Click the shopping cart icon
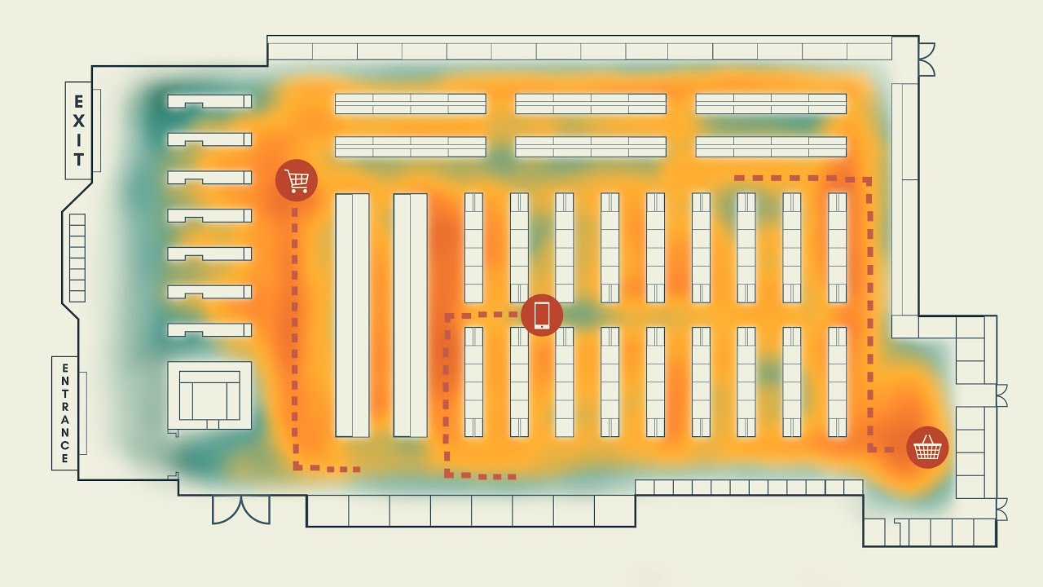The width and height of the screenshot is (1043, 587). [297, 180]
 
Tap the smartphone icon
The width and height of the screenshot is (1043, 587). [542, 315]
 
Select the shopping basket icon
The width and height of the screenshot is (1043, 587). [927, 448]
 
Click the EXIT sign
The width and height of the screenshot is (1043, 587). [79, 130]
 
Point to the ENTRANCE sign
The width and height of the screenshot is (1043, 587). [65, 413]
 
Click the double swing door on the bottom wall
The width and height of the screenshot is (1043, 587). [241, 510]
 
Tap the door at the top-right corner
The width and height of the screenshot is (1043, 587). [926, 60]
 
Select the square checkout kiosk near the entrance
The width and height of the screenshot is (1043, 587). [209, 395]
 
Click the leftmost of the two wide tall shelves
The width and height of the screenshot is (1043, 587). [352, 315]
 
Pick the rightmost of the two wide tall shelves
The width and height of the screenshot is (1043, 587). [411, 315]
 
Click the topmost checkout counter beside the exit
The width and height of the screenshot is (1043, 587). [209, 101]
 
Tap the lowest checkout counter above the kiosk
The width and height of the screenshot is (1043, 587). [209, 330]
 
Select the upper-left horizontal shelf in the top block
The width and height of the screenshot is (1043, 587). [411, 104]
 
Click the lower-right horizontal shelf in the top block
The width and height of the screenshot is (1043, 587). [771, 147]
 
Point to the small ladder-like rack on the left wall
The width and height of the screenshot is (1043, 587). [77, 258]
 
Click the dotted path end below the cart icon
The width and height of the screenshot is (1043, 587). [355, 470]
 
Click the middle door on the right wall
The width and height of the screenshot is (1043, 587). [1002, 396]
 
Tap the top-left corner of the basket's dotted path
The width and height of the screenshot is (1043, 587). [737, 178]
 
